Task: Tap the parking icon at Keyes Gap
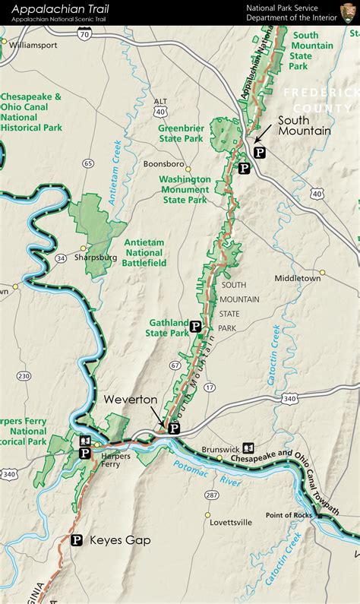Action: pos(77,540)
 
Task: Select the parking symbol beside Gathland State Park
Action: pos(195,327)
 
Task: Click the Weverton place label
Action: pos(131,400)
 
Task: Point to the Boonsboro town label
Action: pos(164,163)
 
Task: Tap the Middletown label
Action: pos(298,278)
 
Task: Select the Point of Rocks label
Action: pos(289,515)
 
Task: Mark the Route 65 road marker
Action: pos(89,163)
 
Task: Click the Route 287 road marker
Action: pos(211,495)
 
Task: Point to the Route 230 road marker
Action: pos(24,376)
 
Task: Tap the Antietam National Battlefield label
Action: pos(144,252)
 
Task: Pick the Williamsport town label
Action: pos(34,45)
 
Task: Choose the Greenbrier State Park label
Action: pos(181,134)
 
